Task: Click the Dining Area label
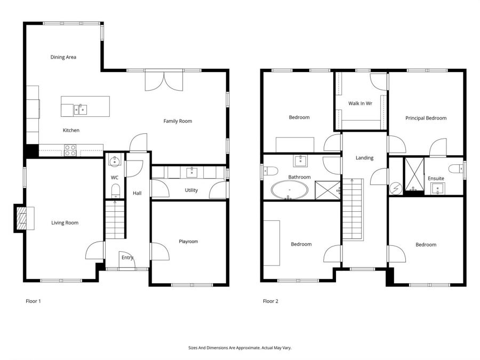[x=63, y=57]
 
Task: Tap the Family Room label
[x=178, y=121]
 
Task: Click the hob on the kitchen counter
[x=70, y=150]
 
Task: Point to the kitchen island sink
[x=80, y=109]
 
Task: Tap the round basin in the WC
[x=115, y=161]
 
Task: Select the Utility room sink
[x=192, y=172]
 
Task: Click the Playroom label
[x=188, y=241]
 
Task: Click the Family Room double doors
[x=164, y=81]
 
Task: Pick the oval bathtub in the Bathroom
[x=289, y=190]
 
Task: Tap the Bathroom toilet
[x=270, y=171]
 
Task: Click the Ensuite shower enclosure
[x=414, y=174]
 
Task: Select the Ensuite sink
[x=438, y=188]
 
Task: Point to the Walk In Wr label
[x=360, y=103]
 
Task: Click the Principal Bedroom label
[x=426, y=118]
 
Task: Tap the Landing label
[x=364, y=158]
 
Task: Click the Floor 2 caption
[x=270, y=301]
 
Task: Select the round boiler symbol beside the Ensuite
[x=396, y=189]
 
